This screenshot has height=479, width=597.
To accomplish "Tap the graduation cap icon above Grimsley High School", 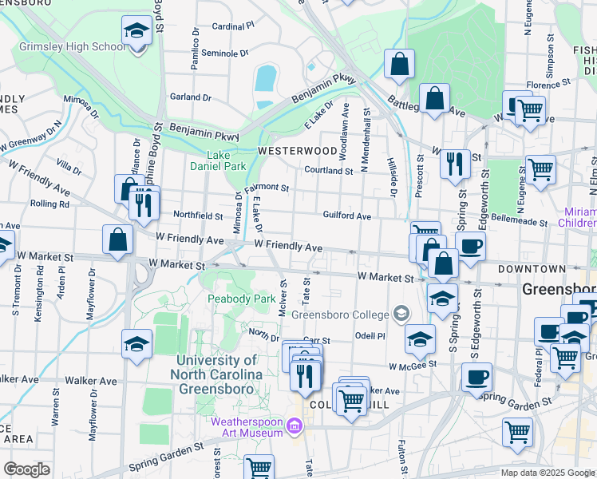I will tap(137, 32).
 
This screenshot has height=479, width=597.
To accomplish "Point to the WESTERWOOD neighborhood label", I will tap(297, 150).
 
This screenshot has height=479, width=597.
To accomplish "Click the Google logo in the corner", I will tap(26, 469).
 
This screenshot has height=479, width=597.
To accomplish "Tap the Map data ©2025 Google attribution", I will tap(547, 473).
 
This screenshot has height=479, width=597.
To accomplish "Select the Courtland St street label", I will tap(328, 170).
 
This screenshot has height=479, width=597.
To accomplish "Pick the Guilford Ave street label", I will tap(346, 216).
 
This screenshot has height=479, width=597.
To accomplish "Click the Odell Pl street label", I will tap(370, 336).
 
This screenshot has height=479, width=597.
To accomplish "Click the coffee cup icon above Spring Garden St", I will tap(477, 378).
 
